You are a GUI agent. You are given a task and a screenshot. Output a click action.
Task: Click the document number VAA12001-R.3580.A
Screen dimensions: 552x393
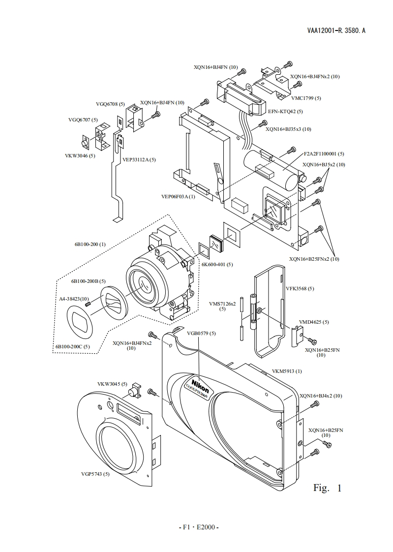coord(336,31)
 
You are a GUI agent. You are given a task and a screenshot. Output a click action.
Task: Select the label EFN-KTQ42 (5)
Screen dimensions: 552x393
coord(285,111)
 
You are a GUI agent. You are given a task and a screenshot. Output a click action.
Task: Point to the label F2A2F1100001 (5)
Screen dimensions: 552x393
coord(324,153)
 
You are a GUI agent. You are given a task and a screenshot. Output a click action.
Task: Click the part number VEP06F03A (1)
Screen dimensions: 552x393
coord(178,196)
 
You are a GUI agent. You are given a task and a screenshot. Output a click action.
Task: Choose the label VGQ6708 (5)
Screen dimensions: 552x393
coord(110,104)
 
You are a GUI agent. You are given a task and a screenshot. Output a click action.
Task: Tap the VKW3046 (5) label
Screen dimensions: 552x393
coord(80,155)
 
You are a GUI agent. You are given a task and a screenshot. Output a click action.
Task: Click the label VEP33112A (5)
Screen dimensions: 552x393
coord(139,159)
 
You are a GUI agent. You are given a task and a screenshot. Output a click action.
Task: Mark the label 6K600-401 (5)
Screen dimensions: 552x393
coord(217,264)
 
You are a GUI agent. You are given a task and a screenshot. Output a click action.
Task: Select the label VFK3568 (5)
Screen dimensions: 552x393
coord(300,288)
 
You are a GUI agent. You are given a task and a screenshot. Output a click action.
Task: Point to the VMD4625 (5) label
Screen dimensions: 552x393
coord(314,322)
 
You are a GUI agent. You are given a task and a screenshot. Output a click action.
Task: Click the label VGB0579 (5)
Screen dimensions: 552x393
coord(201,333)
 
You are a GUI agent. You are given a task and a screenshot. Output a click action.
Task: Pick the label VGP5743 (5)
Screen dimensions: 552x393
coord(95,474)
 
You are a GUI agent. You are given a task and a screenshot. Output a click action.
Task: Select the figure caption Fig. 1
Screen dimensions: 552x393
coord(327,488)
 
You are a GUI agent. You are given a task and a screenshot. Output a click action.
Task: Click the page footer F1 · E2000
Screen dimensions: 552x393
coord(198,527)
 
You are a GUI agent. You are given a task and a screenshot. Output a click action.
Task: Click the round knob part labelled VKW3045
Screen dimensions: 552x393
coord(132,392)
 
